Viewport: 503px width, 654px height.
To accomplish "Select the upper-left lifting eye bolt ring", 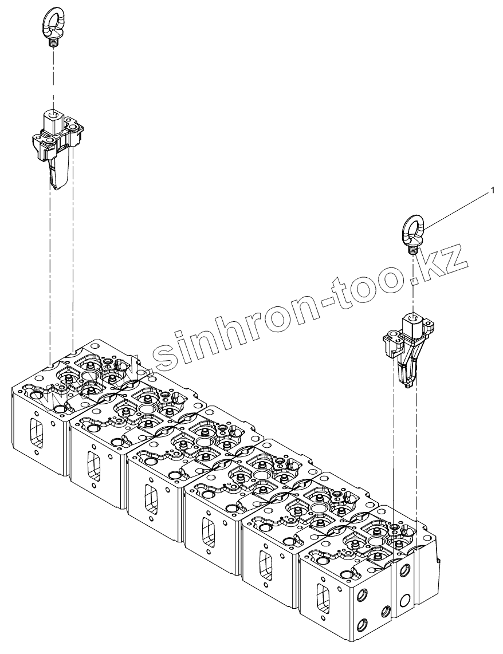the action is pos(53,22).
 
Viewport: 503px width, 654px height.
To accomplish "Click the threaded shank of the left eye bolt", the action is pos(54,42).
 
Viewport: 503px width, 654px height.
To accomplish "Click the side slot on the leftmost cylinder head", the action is pos(36,430).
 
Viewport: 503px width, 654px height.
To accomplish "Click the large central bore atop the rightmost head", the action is pos(376,541).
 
